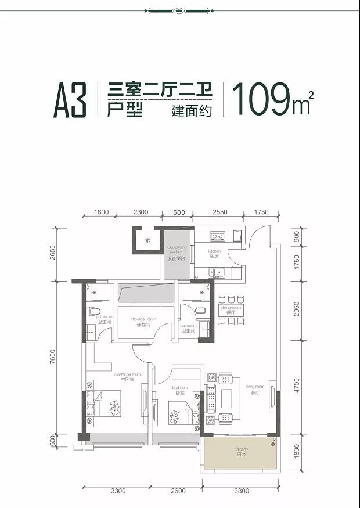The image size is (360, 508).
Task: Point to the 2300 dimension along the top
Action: coord(141,212)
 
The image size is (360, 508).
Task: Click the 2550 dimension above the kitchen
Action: coord(219,212)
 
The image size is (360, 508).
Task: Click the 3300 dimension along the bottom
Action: coord(117,491)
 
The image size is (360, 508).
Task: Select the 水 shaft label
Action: coord(147,240)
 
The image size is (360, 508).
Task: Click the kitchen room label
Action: coord(215,254)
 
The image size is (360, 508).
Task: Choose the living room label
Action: coord(255,389)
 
